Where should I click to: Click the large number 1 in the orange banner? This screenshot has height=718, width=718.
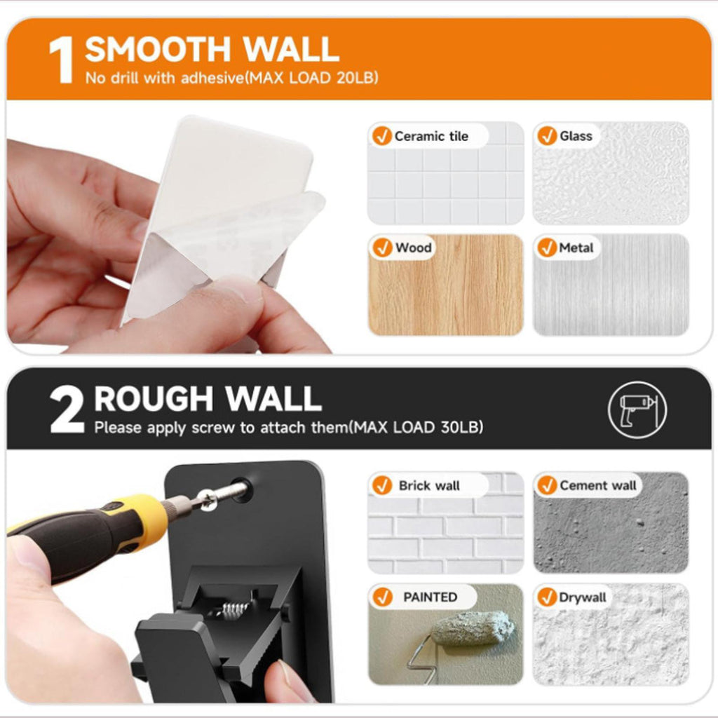point(62,60)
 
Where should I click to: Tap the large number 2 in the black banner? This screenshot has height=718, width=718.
point(67,409)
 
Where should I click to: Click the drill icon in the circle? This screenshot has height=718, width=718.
point(637,409)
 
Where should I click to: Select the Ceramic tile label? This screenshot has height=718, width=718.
point(431,136)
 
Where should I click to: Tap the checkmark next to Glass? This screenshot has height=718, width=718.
point(547,135)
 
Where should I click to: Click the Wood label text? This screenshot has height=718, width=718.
point(414,248)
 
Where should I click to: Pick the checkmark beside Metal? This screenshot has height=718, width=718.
point(547,248)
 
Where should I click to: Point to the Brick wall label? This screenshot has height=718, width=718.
point(429,485)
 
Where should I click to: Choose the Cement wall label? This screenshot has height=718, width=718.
point(597,485)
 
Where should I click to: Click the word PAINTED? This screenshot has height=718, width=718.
point(430,597)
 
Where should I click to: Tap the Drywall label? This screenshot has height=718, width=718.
point(582,597)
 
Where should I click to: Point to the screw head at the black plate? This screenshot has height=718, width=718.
point(208,499)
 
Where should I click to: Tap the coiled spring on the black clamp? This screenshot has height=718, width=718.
point(236,609)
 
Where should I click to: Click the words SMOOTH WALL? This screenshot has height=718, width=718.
point(212,49)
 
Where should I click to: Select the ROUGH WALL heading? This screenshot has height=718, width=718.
point(208,399)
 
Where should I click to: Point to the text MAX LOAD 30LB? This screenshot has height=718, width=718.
point(416,427)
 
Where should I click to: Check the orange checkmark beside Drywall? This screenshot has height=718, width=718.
point(547,597)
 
